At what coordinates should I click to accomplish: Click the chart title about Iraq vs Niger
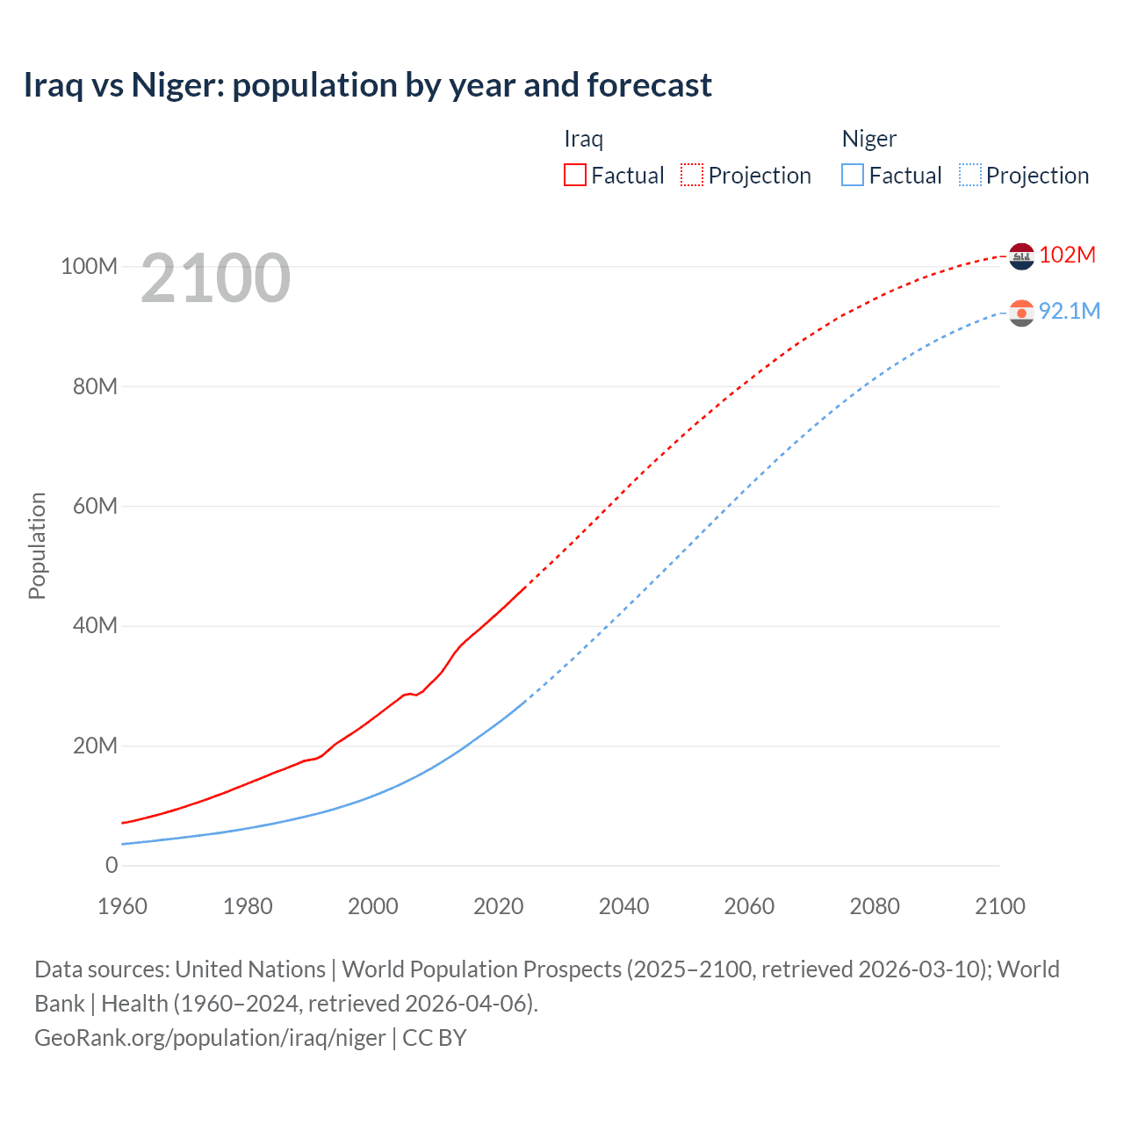pos(367,85)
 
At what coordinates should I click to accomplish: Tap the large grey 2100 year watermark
pos(215,278)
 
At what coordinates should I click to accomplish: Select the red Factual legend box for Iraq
pos(574,175)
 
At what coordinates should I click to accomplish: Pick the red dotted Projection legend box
pos(692,175)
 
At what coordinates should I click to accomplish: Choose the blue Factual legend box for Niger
pos(852,175)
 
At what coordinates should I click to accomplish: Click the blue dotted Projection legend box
pos(969,175)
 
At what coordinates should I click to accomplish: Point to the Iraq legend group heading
pos(583,139)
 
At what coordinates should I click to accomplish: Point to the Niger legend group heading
pos(868,139)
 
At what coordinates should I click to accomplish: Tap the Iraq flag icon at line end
pos(1021,256)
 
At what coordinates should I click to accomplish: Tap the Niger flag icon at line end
pos(1021,313)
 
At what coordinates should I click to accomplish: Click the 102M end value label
pos(1067,255)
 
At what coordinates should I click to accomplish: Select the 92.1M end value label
pos(1069,311)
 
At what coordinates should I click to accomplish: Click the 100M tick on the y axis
pos(89,266)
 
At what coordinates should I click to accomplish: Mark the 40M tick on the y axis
pos(95,625)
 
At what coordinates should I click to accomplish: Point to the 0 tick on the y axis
pos(112,865)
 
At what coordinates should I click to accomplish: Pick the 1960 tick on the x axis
pos(122,906)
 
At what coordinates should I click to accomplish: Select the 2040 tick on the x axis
pos(623,906)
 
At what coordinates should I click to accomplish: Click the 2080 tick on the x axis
pos(875,906)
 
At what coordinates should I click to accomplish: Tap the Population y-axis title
pos(37,545)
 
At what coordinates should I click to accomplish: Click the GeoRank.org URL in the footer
pos(210,1038)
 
